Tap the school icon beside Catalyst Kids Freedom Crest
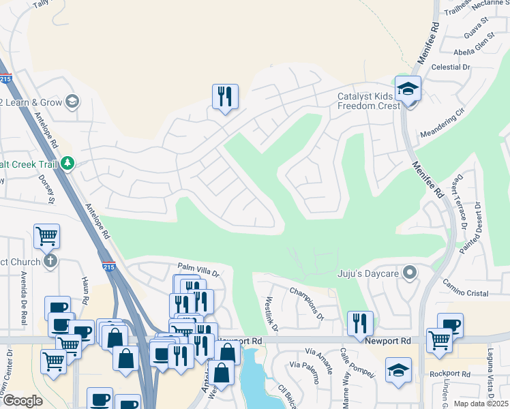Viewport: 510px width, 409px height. (408, 90)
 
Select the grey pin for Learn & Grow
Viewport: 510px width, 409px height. (72, 102)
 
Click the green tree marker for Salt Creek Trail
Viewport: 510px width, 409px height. (67, 163)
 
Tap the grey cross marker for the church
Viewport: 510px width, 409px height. (49, 261)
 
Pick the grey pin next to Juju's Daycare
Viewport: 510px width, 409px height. (409, 273)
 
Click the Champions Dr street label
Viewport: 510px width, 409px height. (307, 303)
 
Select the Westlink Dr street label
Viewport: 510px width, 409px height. (271, 314)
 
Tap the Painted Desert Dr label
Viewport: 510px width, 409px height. (470, 228)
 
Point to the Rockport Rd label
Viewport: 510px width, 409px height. (450, 374)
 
